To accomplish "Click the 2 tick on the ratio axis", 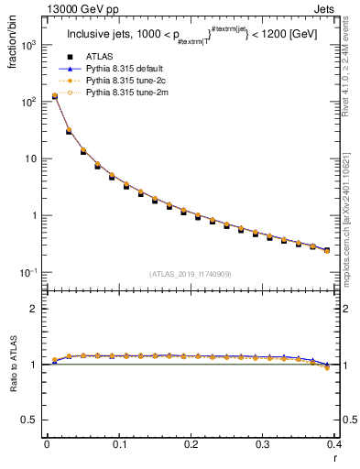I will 33,309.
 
